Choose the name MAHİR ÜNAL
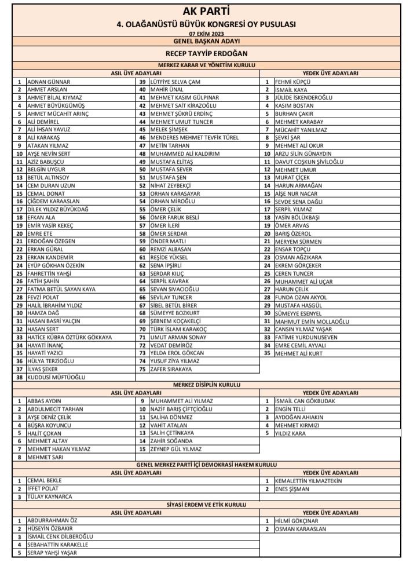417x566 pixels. click(168, 90)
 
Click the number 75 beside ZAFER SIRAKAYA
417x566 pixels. click(141, 368)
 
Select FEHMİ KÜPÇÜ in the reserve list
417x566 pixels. click(293, 82)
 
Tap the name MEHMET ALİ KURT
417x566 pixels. click(299, 352)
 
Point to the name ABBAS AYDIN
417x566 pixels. click(45, 401)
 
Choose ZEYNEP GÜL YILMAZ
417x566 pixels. click(175, 449)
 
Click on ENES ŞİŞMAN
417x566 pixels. click(292, 489)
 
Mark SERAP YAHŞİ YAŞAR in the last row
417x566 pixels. click(53, 553)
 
